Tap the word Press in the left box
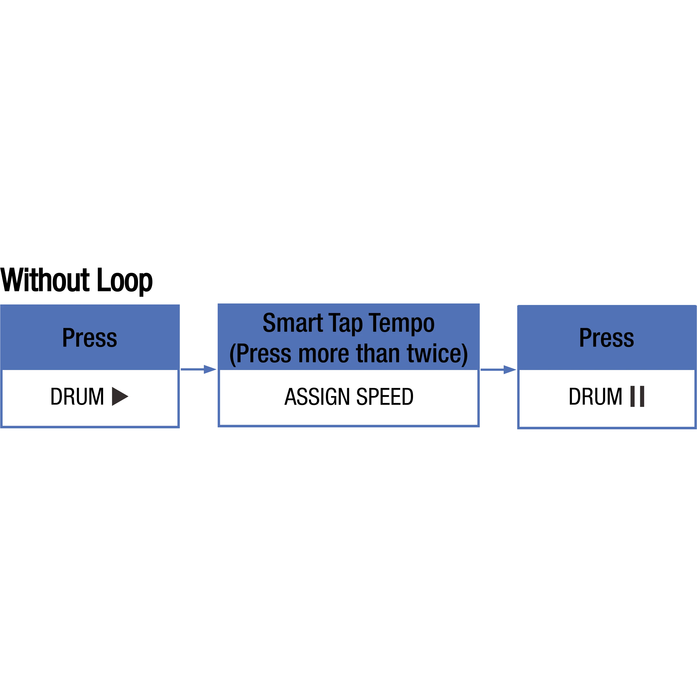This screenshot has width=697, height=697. pos(90,338)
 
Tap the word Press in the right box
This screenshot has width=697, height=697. pos(607,338)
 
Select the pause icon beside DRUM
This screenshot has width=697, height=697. pos(637,396)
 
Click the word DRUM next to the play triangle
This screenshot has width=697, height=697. pos(77,396)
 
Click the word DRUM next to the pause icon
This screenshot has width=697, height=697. pos(596,396)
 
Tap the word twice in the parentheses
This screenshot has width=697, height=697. pos(434,353)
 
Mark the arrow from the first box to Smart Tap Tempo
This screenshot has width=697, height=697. pos(198,369)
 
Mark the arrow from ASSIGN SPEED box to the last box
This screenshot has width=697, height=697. pos(499,369)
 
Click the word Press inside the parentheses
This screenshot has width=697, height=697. pos(264,353)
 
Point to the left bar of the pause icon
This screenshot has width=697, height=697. pos(632,396)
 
